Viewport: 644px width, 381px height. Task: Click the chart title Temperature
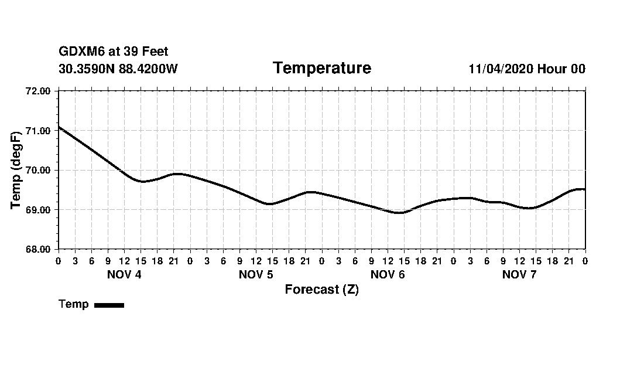(321, 69)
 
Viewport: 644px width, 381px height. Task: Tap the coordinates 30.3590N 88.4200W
(118, 69)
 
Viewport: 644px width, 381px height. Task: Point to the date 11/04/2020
(501, 69)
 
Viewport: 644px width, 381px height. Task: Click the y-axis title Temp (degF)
(16, 170)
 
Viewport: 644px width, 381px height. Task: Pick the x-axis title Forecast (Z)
(321, 290)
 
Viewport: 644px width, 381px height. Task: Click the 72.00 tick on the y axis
(39, 91)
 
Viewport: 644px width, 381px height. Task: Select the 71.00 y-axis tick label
(39, 131)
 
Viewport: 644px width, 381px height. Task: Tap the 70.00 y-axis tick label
(39, 170)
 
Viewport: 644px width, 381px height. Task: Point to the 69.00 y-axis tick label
(39, 210)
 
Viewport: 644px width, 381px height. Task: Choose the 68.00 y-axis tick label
(39, 249)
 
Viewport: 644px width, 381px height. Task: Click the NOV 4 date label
(124, 275)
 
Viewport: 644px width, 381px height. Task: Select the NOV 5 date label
(256, 275)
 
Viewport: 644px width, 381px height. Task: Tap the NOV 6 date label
(388, 275)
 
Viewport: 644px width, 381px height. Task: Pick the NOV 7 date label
(519, 275)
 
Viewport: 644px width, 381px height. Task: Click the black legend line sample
(109, 305)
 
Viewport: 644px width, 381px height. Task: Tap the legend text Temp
(74, 304)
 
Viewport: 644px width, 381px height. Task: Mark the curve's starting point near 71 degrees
(59, 127)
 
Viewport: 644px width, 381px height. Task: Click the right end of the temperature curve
(584, 189)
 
